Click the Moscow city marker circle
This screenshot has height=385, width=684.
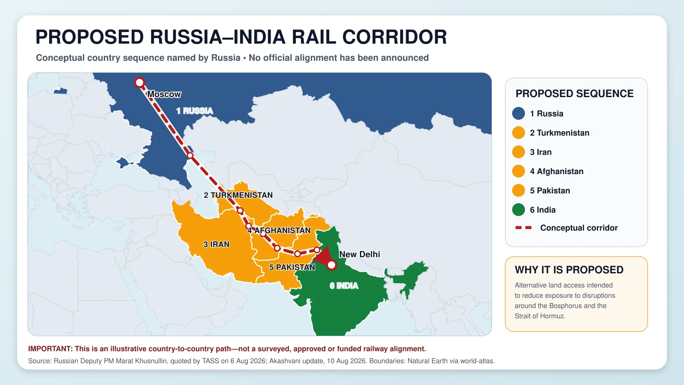tap(139, 83)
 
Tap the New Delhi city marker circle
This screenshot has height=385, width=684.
tap(331, 265)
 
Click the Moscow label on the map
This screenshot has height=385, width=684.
tap(164, 95)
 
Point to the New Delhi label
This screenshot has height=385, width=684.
tap(360, 254)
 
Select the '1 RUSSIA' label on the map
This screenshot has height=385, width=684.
tap(195, 111)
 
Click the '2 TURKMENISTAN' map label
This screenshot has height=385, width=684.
tap(238, 195)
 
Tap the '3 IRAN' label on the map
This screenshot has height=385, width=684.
tap(216, 244)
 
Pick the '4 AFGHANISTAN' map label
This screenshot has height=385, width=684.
tap(279, 231)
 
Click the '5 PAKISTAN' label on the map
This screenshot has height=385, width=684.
tap(292, 267)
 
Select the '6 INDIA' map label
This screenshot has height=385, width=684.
tap(344, 286)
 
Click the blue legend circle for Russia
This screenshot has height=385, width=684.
tap(519, 113)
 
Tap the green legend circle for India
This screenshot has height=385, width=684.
tap(519, 210)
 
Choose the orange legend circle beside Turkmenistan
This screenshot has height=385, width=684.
tap(519, 133)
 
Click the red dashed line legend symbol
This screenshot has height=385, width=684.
tap(523, 228)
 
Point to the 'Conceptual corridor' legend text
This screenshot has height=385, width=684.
tap(579, 228)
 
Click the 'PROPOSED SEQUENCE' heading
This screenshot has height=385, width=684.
tap(575, 94)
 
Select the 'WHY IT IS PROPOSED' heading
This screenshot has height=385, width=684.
tap(569, 270)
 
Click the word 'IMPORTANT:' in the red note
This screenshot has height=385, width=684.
tap(50, 349)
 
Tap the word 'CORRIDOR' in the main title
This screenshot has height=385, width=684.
tap(395, 37)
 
